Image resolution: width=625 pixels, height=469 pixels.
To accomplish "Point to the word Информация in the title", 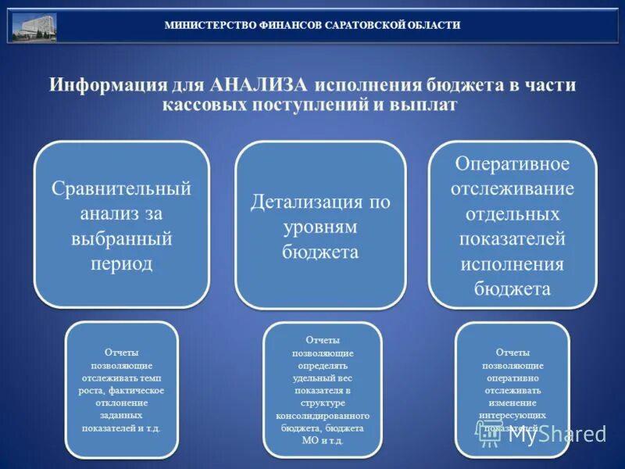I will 100,84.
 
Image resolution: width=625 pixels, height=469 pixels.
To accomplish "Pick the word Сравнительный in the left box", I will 121,188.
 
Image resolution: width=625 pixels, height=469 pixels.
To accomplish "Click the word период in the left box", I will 121,263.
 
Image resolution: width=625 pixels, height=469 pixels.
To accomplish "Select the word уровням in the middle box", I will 320,227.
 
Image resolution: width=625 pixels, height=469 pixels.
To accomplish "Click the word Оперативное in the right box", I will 512,164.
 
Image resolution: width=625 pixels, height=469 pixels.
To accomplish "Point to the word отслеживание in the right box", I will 512,189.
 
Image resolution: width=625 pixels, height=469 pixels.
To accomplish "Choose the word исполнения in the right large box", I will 512,264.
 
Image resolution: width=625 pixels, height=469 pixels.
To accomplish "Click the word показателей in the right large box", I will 512,239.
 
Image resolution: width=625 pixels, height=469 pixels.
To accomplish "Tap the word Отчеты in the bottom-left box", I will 121,353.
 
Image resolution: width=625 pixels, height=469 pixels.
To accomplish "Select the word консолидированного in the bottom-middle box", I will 323,415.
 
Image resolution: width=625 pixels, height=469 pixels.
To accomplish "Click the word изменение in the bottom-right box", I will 512,403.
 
